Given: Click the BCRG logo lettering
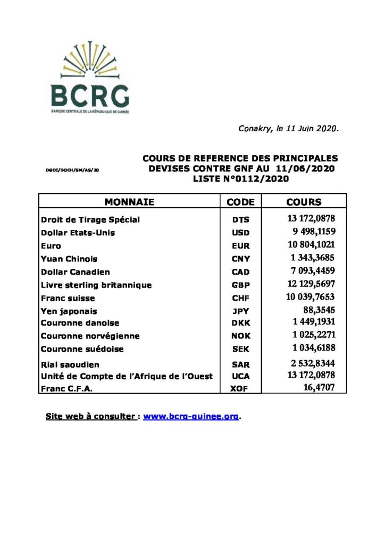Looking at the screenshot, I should (89, 96).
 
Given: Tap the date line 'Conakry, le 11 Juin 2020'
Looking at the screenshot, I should (288, 129).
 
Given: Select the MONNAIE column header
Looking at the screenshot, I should (129, 202).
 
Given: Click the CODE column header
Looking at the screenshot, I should (240, 202).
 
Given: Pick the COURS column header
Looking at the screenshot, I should (304, 202).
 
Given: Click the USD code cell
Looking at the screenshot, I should (240, 233).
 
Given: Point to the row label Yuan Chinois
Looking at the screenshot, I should (69, 259).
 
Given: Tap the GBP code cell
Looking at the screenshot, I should (240, 285).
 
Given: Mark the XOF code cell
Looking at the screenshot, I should (240, 389).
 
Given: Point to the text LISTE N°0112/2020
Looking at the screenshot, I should (240, 179).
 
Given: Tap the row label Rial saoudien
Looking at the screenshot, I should (70, 365).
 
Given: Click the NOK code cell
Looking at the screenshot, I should (240, 336).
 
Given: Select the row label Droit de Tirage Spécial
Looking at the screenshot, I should (90, 219).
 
